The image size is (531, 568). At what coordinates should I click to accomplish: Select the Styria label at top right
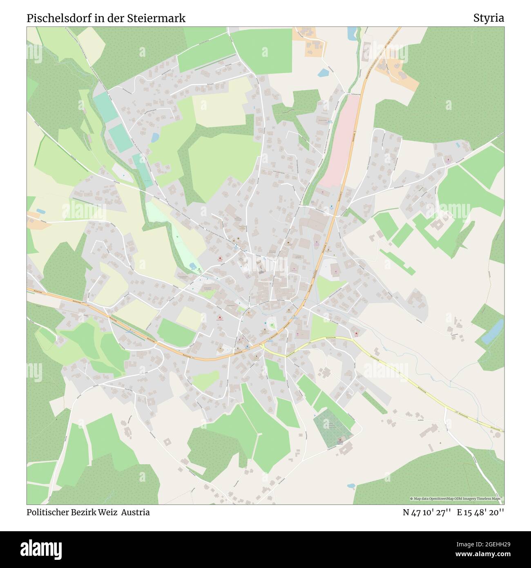click(489, 18)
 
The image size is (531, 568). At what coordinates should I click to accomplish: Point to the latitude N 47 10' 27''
click(426, 512)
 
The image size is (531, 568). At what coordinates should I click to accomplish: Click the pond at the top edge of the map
click(351, 34)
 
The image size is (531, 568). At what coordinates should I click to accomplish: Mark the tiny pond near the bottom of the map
click(351, 486)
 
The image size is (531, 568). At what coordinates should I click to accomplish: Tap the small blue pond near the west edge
click(40, 211)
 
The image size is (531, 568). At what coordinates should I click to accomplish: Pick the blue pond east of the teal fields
click(155, 138)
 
